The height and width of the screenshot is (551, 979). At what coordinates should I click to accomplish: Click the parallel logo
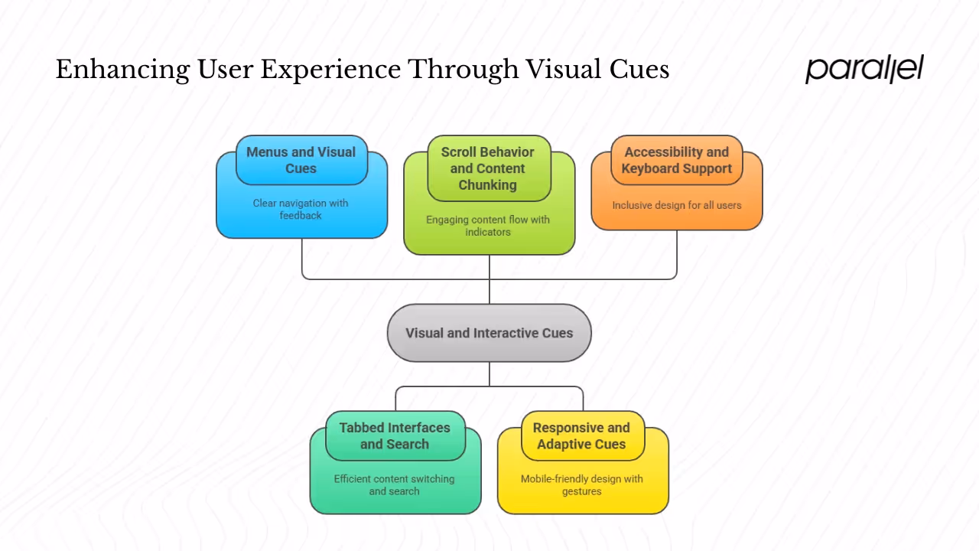coord(864,69)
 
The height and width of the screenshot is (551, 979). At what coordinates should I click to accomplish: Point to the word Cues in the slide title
coord(639,70)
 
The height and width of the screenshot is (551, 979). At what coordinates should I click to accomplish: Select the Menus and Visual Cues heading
coord(301,160)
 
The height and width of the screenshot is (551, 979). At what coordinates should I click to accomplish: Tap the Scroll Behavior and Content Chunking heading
coord(488,168)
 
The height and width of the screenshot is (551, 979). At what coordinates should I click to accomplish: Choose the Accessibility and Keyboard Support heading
coord(677,160)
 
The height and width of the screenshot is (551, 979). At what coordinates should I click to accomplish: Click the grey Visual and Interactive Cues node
coord(489,333)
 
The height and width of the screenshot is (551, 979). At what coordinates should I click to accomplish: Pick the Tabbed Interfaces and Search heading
coord(395,435)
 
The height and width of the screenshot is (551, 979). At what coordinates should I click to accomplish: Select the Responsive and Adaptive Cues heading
coord(581,435)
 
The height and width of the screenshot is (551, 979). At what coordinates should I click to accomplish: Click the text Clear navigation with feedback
coord(301,209)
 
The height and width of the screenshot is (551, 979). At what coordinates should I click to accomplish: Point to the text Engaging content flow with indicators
coord(488,226)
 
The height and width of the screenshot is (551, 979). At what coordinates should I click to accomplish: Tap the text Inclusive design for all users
coord(677,205)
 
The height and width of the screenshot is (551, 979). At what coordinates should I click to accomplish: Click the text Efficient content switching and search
coord(395,484)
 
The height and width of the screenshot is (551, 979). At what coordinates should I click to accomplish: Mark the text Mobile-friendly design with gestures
coord(581,484)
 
